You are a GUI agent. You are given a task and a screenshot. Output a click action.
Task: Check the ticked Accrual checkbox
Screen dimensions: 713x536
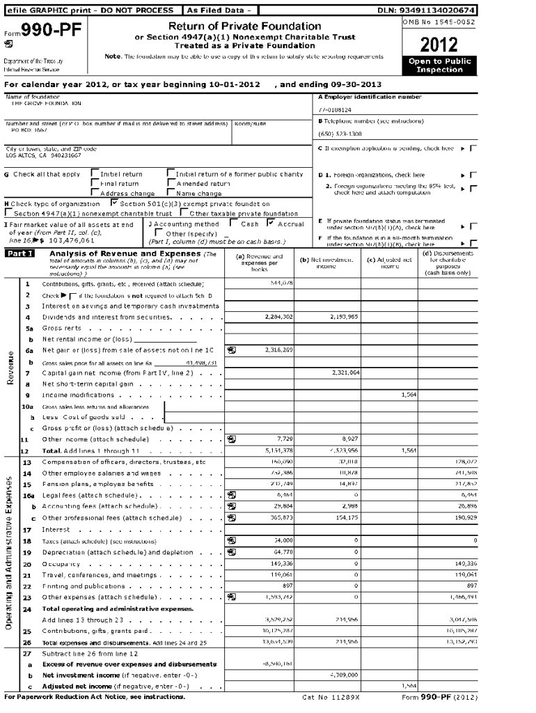click(271, 224)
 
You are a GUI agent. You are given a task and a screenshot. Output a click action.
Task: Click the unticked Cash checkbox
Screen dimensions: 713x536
click(234, 224)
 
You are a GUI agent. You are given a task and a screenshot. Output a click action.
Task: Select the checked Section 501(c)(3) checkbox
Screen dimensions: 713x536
click(114, 203)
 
